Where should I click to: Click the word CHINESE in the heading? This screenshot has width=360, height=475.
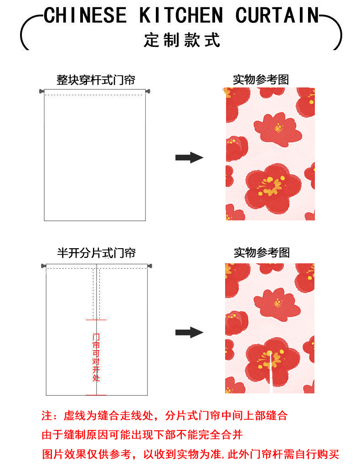pos(85,16)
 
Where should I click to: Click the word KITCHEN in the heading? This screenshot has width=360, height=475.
pos(181,16)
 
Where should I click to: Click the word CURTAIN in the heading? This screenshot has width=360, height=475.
pos(277,16)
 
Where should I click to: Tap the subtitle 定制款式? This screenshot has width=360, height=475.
pos(182,40)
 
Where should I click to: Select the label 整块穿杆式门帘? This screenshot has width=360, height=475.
pos(96,80)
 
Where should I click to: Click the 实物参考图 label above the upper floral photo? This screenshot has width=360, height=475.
pos(261,80)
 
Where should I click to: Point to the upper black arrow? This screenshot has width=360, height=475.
pos(189,158)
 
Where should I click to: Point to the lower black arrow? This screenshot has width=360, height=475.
pos(189,332)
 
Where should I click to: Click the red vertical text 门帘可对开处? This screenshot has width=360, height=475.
pos(96,357)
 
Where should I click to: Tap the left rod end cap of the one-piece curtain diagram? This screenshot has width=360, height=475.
pos(41,92)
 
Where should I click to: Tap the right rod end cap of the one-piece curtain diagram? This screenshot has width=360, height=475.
pos(148,92)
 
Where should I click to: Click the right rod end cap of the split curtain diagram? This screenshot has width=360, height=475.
pos(149,266)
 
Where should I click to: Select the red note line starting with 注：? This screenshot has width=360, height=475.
pos(165,415)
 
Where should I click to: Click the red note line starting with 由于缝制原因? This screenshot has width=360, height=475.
pos(142,435)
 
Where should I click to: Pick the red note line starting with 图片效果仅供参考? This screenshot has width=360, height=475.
pos(190,455)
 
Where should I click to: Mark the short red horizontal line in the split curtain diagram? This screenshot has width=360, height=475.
pos(96,320)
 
